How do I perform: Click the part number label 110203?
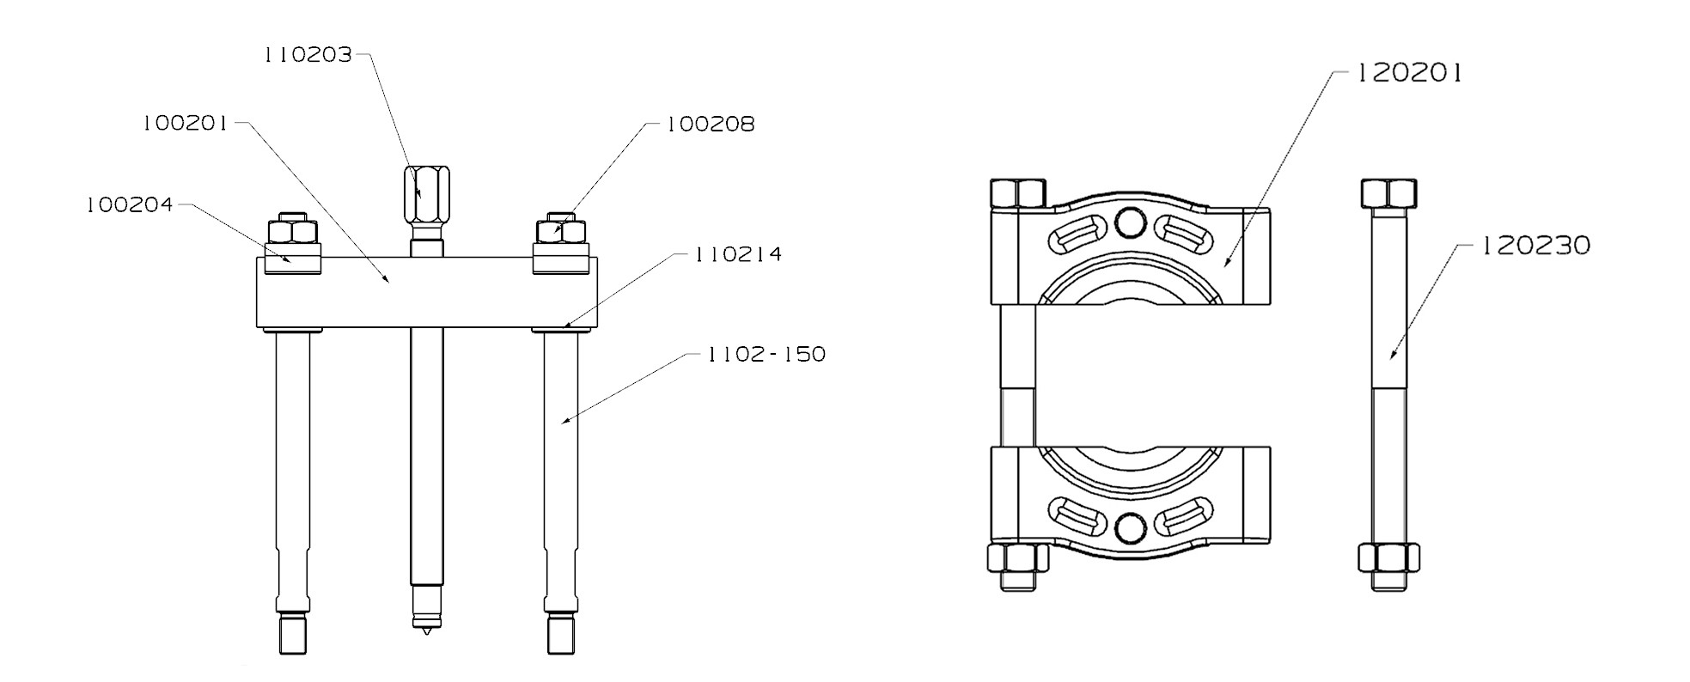308,55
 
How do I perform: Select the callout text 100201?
186,124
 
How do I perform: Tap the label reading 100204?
130,205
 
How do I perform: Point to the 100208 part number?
711,125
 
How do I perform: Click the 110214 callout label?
738,254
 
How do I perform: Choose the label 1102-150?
766,354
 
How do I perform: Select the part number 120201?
1408,74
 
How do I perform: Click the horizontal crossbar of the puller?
427,292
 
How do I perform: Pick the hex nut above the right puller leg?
561,232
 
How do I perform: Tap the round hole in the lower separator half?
1130,527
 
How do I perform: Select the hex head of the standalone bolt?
1389,193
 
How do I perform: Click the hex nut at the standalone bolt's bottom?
1389,559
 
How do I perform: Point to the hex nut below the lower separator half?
1018,559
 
